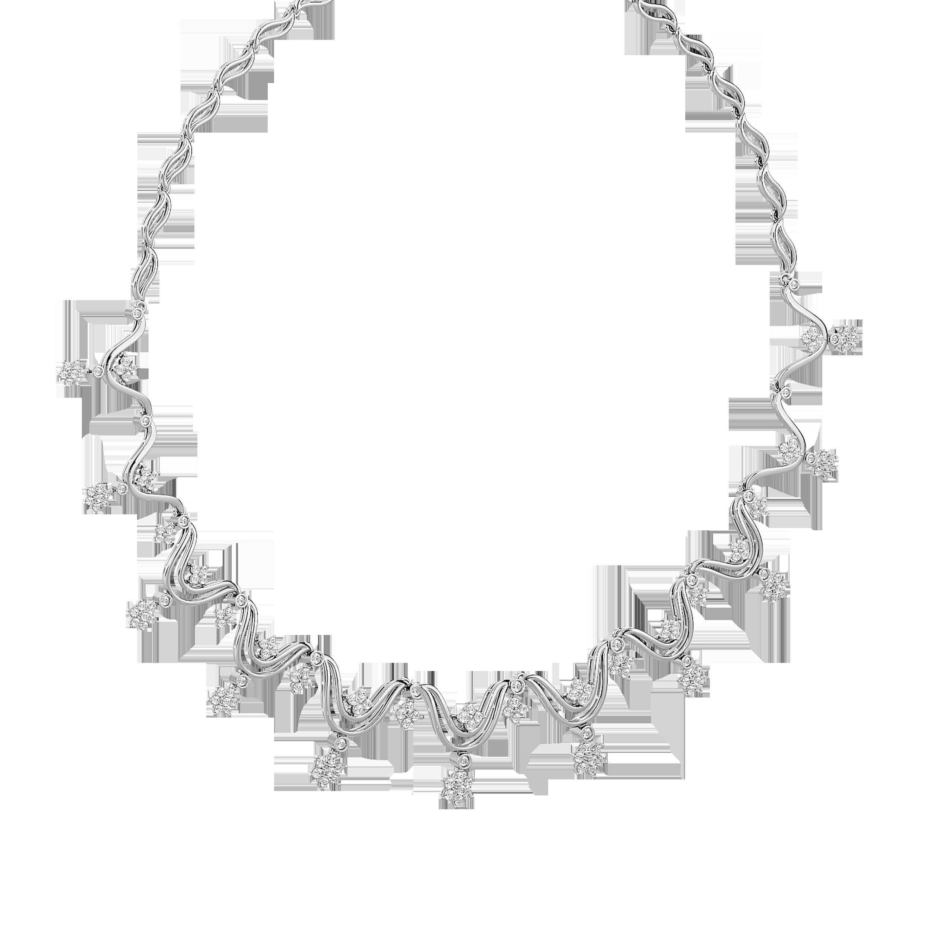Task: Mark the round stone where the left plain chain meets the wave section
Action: (x=138, y=314)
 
